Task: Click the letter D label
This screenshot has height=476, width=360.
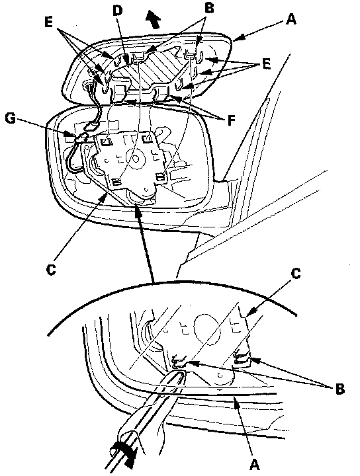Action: point(117,11)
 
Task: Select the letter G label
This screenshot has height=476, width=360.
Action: point(11,118)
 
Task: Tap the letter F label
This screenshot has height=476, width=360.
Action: point(232,120)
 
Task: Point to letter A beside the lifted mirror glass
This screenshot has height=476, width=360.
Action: point(291,19)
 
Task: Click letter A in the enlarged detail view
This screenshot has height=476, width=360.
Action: point(254,464)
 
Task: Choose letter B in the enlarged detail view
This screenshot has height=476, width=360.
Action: point(340,389)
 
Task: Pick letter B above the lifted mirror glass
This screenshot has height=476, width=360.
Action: point(209,8)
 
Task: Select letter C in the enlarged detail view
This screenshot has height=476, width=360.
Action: point(295,273)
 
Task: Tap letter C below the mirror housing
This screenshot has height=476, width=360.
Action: point(52,269)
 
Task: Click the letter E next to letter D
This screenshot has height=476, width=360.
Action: point(48,22)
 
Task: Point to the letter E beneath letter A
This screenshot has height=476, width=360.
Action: point(265,63)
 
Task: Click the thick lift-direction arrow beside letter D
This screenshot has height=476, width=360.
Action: point(153,19)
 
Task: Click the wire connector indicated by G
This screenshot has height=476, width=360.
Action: point(81,138)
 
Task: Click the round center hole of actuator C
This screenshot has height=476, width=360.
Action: point(135,159)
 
